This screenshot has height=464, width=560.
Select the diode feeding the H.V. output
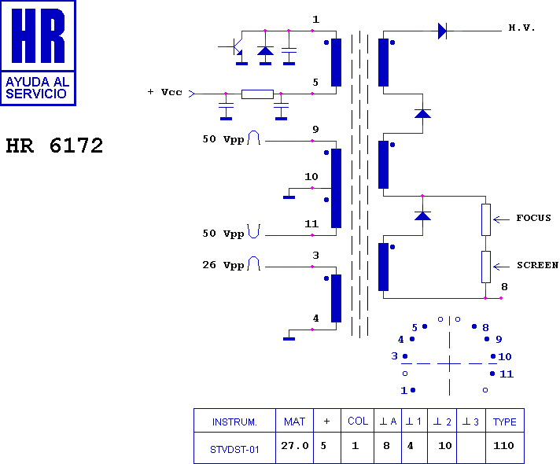click(442, 31)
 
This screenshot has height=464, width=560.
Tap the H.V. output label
click(521, 28)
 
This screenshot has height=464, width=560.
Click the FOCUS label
click(533, 218)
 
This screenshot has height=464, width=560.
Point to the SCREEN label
click(537, 265)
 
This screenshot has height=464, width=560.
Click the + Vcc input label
click(164, 92)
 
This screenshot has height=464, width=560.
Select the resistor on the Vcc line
click(257, 94)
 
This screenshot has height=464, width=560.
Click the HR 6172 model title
click(54, 145)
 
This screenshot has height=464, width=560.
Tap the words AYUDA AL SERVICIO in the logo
click(37, 88)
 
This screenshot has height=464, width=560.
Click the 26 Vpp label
click(223, 265)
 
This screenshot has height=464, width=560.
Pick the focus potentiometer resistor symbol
click(486, 219)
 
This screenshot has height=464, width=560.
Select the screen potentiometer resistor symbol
click(486, 267)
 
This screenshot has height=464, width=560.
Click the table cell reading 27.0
click(295, 446)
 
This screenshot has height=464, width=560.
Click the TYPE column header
click(505, 422)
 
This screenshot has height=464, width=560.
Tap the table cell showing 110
click(503, 446)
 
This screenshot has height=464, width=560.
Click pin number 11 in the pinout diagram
click(507, 374)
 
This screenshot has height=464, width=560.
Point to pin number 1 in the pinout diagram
click(403, 390)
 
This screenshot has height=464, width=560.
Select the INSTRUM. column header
click(234, 422)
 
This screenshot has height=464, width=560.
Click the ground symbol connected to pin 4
click(289, 339)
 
